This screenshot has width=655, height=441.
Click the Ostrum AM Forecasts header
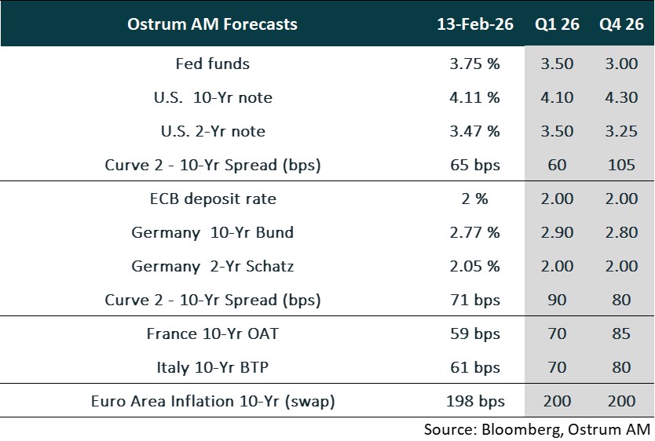(212, 24)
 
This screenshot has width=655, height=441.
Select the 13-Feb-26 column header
(475, 24)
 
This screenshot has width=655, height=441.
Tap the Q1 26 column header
(557, 24)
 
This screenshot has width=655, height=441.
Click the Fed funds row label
(212, 64)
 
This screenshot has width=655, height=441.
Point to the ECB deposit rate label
(212, 199)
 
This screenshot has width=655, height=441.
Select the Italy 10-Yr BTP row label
(212, 368)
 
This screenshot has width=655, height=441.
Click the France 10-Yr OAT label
(212, 334)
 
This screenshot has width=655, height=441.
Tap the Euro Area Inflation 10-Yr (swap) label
(212, 402)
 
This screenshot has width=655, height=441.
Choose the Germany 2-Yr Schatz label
(212, 267)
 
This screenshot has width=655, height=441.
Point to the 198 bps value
(475, 402)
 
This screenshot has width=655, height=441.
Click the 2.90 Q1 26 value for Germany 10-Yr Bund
(557, 233)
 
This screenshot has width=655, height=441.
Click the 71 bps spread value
(475, 301)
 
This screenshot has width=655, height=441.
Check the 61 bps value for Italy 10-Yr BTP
(475, 368)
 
